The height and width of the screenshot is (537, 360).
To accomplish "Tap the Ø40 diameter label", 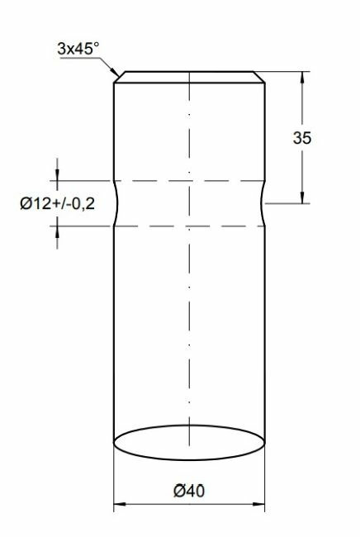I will [189, 490].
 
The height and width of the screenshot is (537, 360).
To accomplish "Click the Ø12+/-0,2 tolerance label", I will [56, 202].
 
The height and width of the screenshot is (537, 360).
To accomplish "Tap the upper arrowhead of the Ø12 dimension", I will [57, 175].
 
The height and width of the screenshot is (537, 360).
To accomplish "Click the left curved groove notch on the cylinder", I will [116, 202].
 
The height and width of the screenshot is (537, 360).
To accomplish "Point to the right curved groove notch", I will [262, 202].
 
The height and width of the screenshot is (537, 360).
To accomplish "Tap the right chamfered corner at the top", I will [261, 78].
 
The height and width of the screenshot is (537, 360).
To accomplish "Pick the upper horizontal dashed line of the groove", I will [189, 180].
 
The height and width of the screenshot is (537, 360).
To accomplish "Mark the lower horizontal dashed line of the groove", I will [189, 225].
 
